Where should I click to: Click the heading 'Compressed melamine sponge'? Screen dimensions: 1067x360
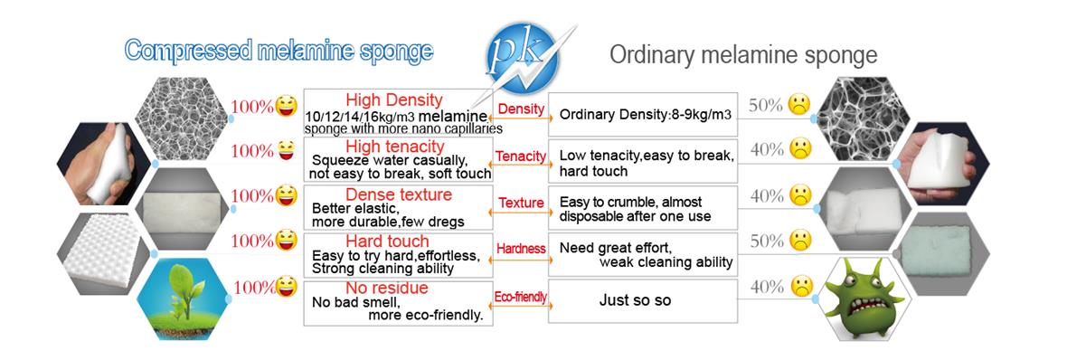point(279,51)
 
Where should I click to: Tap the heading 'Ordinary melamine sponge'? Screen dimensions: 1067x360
point(744,53)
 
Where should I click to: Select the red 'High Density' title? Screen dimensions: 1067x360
point(394,100)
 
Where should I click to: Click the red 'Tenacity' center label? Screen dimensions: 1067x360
point(521,156)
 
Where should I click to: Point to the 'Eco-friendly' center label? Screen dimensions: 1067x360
point(521,297)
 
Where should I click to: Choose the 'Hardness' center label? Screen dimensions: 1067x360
point(521,249)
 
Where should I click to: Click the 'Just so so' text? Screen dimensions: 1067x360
point(635,300)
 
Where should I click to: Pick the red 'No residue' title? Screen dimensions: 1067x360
point(386,288)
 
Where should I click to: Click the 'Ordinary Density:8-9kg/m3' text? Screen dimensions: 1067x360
point(646,114)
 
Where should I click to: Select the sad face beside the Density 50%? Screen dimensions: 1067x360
point(799,106)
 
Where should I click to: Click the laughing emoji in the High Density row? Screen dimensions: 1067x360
point(287,106)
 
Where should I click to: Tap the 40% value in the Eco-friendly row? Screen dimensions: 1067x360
point(767,288)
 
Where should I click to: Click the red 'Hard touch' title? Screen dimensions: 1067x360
point(387,242)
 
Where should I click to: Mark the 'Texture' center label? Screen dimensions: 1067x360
point(521,203)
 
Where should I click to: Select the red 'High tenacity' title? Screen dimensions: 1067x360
point(394,147)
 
